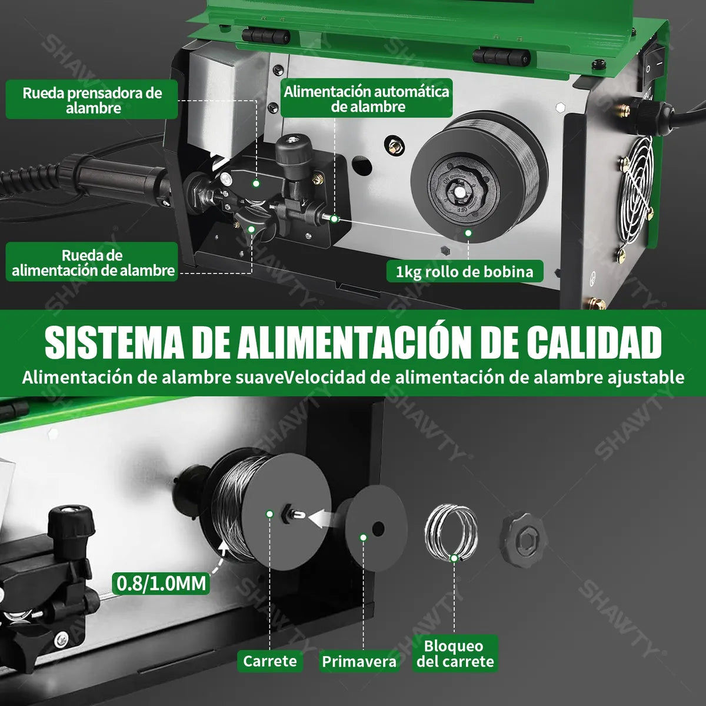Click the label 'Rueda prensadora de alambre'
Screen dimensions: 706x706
(x=92, y=100)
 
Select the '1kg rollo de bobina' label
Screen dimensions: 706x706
(x=465, y=271)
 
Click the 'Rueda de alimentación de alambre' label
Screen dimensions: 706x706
(x=93, y=263)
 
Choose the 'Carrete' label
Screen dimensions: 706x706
(x=270, y=661)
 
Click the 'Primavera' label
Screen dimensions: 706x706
(x=359, y=661)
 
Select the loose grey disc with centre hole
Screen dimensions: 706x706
(x=376, y=528)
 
